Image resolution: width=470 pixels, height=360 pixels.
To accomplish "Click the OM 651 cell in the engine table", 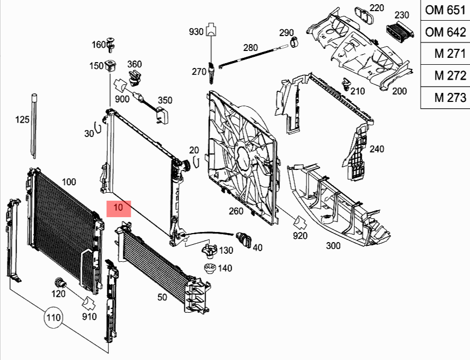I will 445,11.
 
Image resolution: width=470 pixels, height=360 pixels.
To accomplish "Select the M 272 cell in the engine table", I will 445,75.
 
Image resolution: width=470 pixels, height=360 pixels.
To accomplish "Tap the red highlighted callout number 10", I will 119,208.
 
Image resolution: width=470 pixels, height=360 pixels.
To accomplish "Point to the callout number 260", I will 236,211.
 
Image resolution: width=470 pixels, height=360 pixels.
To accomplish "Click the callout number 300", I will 333,246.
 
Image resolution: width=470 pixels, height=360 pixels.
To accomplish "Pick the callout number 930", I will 196,32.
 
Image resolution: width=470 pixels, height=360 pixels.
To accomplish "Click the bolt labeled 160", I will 112,45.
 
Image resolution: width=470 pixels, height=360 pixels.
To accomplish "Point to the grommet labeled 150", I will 111,67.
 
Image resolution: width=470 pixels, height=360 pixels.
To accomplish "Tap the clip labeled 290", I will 293,41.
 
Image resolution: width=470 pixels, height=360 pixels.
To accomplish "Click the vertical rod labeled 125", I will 34,127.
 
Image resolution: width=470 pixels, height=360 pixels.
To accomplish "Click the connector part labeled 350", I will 161,114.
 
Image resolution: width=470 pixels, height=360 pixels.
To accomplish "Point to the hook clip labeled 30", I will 97,129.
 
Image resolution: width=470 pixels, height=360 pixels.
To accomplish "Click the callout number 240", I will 377,149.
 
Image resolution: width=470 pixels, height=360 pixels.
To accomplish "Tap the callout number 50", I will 162,297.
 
